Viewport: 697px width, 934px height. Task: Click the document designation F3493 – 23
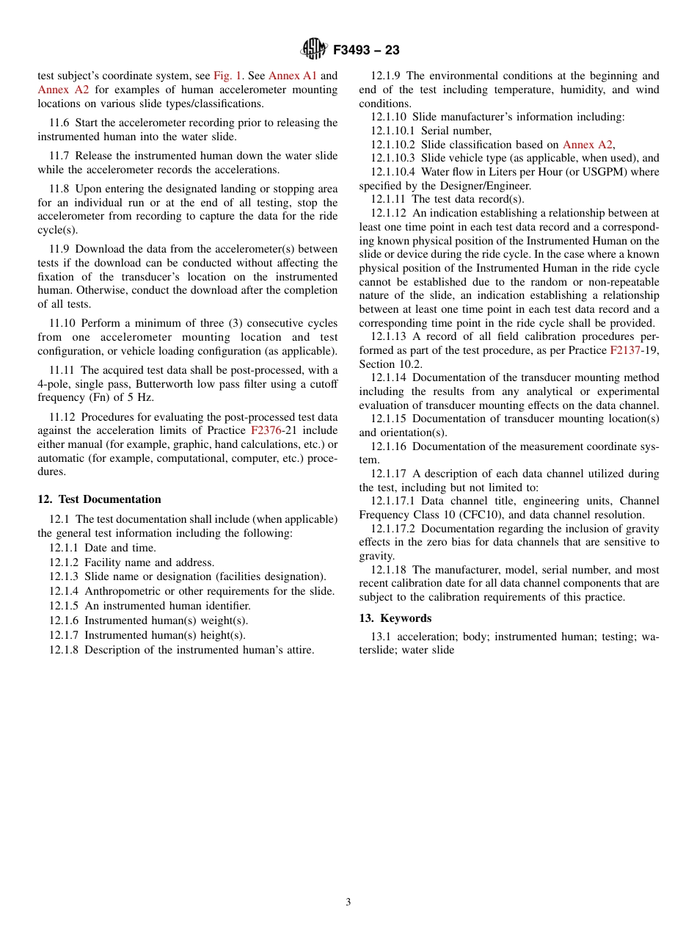(x=366, y=51)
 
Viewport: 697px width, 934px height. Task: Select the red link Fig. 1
(x=227, y=76)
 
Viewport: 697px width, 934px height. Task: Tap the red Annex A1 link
(x=293, y=76)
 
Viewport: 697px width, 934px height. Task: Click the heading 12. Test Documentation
(x=99, y=499)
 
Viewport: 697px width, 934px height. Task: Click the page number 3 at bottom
(x=348, y=902)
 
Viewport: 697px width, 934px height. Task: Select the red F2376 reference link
(x=266, y=430)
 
